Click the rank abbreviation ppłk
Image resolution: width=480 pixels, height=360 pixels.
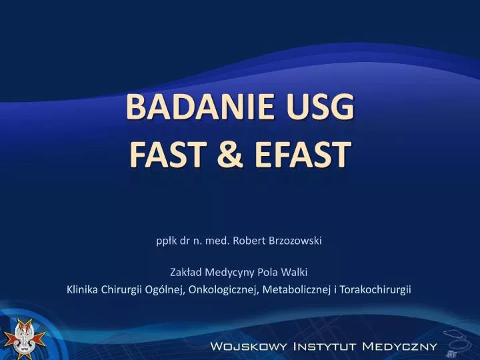coord(163,241)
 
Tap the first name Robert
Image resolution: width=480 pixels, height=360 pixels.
coord(244,241)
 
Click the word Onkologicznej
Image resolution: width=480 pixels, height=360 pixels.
coord(225,289)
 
